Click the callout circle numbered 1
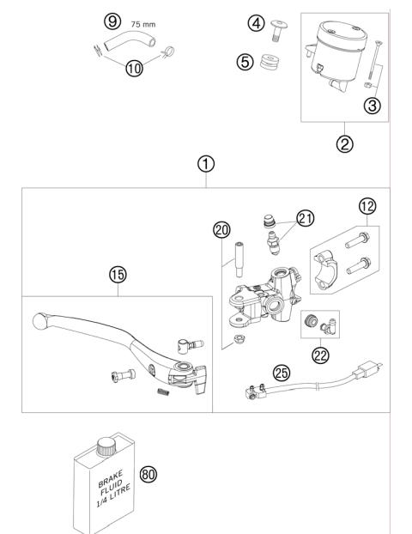tap(205, 162)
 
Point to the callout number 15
tap(118, 275)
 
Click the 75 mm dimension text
tap(142, 26)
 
